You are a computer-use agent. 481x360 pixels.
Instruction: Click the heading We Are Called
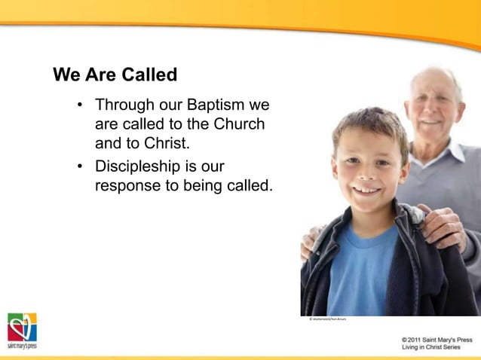115,75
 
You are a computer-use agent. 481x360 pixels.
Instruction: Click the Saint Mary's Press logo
22,331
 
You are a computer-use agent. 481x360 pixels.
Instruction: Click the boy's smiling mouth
366,190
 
